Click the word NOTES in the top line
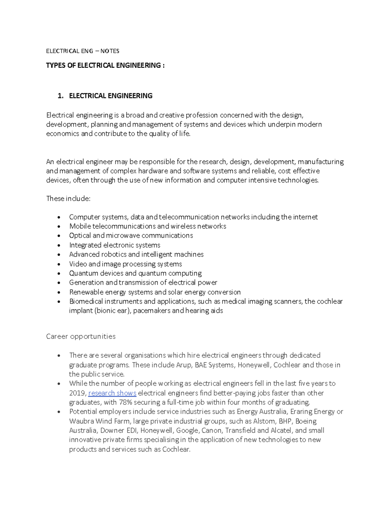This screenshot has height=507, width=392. tap(110, 51)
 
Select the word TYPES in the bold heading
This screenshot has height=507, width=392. tap(56, 65)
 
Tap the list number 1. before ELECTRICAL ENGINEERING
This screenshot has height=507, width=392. tap(60, 96)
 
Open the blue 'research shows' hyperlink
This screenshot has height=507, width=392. tap(112, 393)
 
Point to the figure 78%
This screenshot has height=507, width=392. tap(125, 402)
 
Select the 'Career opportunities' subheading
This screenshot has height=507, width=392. tap(81, 336)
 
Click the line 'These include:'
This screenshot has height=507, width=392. tap(68, 198)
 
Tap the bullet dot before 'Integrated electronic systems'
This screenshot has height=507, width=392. tap(59, 245)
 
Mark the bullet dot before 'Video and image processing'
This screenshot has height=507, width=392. tap(59, 264)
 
